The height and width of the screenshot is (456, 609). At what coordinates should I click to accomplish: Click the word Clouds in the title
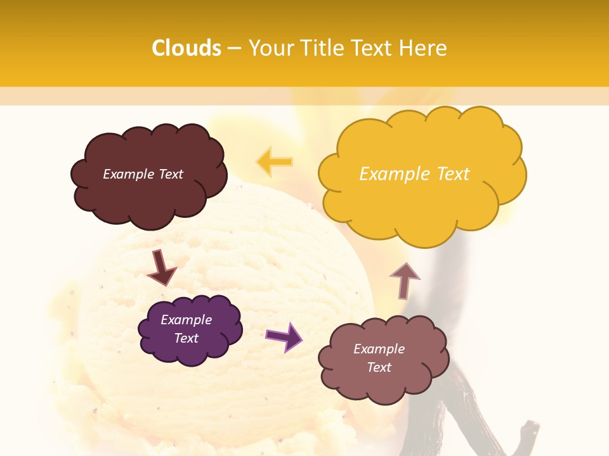click(187, 48)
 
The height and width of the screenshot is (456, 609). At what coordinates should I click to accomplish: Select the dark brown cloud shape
click(148, 196)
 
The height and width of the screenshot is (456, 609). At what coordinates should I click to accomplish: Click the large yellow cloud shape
click(422, 203)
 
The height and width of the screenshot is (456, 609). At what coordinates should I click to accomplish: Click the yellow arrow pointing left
click(274, 162)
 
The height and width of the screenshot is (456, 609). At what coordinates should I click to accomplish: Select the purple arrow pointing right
click(284, 336)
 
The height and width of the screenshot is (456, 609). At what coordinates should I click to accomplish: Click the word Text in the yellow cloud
click(453, 174)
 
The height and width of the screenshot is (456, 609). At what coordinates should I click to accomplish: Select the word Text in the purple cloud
click(187, 338)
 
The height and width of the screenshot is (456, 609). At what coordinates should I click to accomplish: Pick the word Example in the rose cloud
click(379, 349)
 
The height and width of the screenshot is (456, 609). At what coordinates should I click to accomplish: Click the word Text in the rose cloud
click(379, 367)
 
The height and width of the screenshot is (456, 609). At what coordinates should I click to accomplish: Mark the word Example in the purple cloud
click(187, 320)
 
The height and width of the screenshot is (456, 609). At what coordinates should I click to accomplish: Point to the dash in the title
click(234, 49)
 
